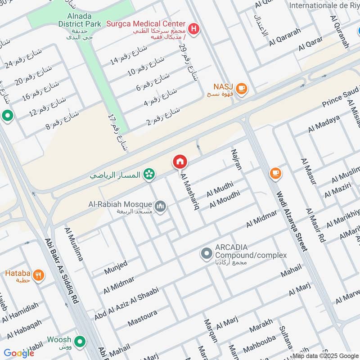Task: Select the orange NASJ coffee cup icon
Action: pyautogui.click(x=242, y=89)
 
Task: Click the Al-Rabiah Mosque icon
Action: pyautogui.click(x=160, y=207)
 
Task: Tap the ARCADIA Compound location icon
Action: pyautogui.click(x=207, y=254)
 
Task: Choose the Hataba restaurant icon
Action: pyautogui.click(x=39, y=275)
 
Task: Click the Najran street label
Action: pyautogui.click(x=236, y=159)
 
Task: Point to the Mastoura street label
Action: pyautogui.click(x=142, y=317)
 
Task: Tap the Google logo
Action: pyautogui.click(x=19, y=353)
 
